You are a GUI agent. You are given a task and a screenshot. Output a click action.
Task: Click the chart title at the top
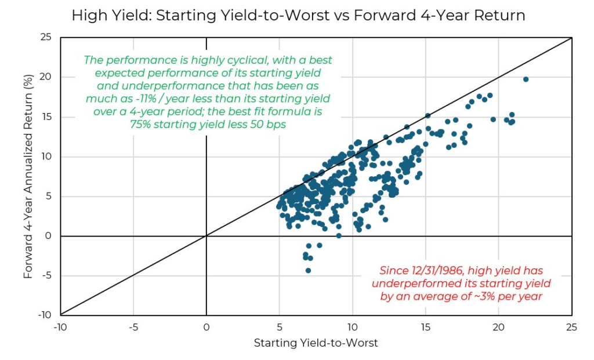tap(298, 16)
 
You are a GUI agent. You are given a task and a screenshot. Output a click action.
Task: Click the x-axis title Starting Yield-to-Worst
tap(316, 343)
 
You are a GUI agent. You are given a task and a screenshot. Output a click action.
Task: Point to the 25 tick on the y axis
tap(46, 38)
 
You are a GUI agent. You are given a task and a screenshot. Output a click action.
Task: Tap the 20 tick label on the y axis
tap(46, 77)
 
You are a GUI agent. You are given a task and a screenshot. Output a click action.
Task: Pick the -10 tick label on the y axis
tap(45, 315)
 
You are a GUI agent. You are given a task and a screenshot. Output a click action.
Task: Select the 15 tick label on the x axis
tap(425, 327)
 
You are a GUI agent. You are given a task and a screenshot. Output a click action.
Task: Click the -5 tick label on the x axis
tap(133, 327)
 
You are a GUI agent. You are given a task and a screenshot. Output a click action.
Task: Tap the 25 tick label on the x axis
tap(571, 327)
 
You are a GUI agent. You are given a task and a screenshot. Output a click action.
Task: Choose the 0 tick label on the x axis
tap(206, 327)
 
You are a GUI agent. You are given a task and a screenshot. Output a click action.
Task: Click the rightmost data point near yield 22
tap(526, 79)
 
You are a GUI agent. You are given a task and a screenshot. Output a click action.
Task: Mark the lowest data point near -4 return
tap(308, 271)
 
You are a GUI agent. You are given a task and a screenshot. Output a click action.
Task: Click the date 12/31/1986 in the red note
tap(438, 270)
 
